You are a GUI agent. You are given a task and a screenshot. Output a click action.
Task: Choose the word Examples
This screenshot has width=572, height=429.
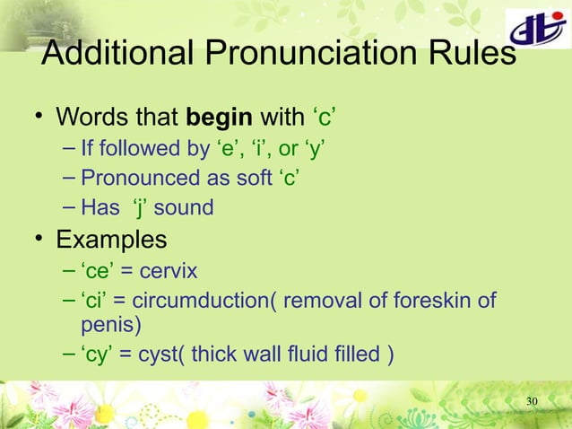click(x=111, y=241)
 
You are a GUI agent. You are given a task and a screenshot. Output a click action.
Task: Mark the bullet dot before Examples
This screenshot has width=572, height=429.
click(x=39, y=241)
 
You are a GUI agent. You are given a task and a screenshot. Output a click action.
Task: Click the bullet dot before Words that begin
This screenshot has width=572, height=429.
click(x=39, y=118)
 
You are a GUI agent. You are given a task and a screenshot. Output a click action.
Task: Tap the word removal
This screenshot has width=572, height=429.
click(x=319, y=300)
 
